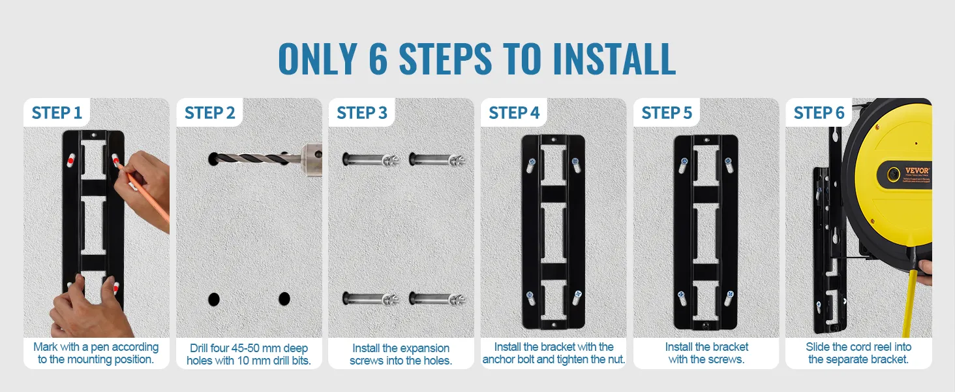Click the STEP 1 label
tap(57, 113)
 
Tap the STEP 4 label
tap(514, 113)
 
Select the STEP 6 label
tap(819, 113)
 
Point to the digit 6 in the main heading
tap(378, 59)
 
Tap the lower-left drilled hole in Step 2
tap(213, 299)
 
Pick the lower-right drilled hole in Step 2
tap(284, 299)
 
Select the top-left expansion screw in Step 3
tap(370, 159)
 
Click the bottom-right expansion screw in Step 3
tap(436, 299)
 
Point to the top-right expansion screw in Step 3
tap(436, 159)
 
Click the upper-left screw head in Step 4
tap(532, 162)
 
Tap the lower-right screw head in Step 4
tap(578, 294)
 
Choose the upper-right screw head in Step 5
tap(728, 162)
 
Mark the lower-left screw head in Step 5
tap(682, 295)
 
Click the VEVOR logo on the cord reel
tap(917, 171)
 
